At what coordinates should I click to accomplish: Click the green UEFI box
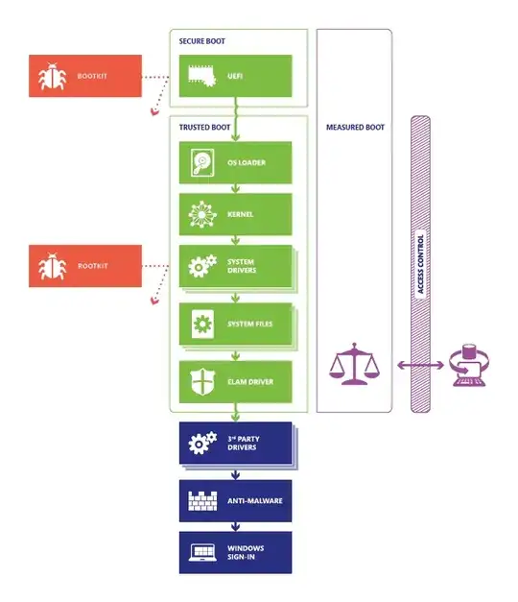click(235, 76)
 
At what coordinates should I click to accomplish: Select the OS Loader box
click(235, 162)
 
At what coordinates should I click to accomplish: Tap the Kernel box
click(235, 213)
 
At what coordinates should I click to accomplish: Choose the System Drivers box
click(235, 266)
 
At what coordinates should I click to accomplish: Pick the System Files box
click(235, 324)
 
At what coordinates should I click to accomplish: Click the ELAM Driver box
click(235, 381)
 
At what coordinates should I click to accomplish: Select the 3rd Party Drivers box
click(235, 443)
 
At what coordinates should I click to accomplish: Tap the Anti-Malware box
click(235, 500)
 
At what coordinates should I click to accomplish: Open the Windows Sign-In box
click(235, 553)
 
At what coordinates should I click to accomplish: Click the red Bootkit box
click(85, 76)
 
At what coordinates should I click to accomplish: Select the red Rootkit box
click(85, 265)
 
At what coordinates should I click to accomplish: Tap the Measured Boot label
click(355, 127)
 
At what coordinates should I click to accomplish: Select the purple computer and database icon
click(469, 367)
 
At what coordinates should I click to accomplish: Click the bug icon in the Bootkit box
click(52, 77)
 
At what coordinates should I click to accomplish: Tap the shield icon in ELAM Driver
click(202, 381)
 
